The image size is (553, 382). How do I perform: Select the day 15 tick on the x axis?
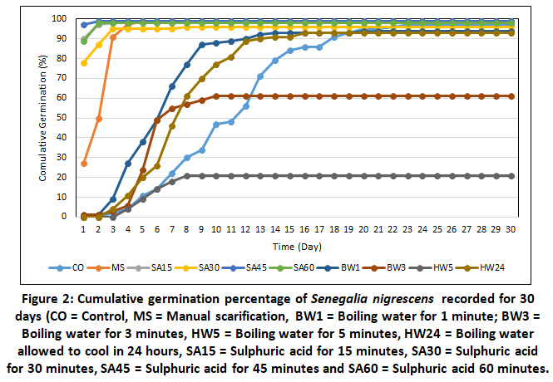[289, 228]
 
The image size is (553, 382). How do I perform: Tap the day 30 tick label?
[511, 228]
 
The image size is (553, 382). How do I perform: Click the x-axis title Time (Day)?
[296, 246]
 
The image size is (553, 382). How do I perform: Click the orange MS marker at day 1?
[84, 164]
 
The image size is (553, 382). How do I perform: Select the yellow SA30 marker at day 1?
[84, 63]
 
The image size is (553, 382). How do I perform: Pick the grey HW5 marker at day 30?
[511, 176]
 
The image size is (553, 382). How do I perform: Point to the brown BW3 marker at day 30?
[511, 96]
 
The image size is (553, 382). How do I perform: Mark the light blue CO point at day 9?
[202, 150]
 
